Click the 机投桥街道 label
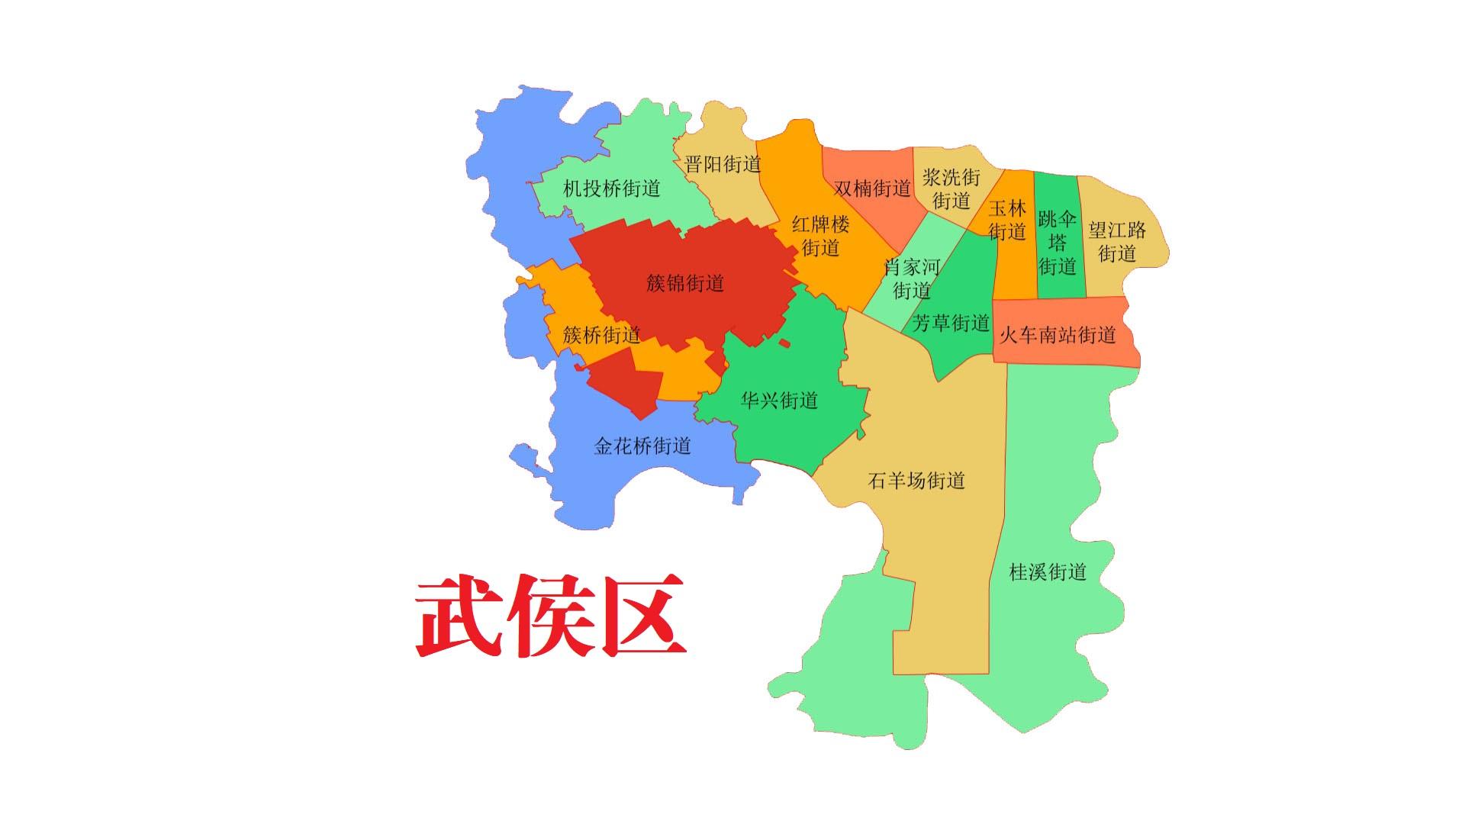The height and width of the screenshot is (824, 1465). (611, 188)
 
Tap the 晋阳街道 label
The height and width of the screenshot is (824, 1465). (723, 164)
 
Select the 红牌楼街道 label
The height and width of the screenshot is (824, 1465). (820, 236)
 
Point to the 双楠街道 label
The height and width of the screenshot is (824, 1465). (872, 188)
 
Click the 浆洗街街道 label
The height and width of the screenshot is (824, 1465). (951, 189)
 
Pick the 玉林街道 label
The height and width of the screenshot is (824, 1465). (1007, 220)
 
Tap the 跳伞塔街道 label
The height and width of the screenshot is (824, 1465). (1057, 243)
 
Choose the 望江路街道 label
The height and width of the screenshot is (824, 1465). (1117, 241)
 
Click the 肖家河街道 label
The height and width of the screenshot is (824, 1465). (912, 278)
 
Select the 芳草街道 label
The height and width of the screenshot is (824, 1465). (951, 323)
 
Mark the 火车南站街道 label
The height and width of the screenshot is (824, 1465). (1057, 334)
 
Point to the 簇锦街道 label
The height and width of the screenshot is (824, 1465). (684, 284)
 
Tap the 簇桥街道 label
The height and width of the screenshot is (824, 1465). (601, 335)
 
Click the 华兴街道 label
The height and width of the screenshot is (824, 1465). (779, 400)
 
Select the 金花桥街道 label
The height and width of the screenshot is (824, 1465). (642, 446)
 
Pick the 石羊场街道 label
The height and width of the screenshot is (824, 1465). (916, 481)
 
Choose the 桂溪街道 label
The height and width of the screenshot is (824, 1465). (1048, 571)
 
